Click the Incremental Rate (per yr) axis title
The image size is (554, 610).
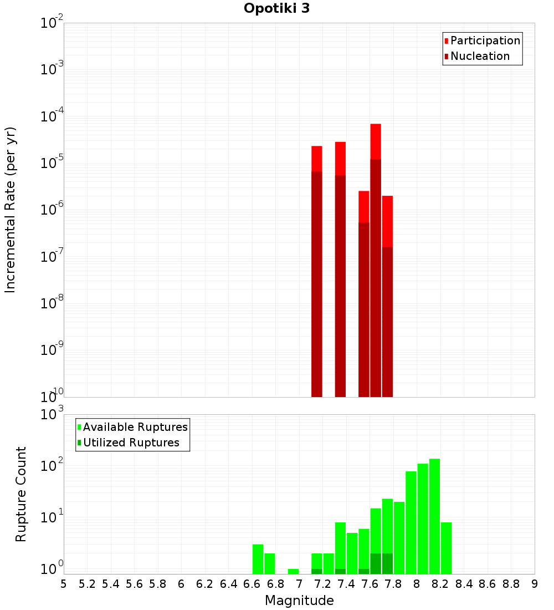(11, 210)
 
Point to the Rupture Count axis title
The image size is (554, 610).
(21, 494)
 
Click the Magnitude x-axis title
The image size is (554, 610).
(299, 601)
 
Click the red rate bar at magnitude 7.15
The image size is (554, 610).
(317, 272)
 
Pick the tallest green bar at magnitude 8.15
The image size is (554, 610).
(434, 516)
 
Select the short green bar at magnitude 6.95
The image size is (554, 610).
(293, 571)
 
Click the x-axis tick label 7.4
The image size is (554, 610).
(346, 584)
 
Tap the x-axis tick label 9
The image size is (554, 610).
(535, 584)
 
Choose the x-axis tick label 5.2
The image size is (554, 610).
(87, 584)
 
